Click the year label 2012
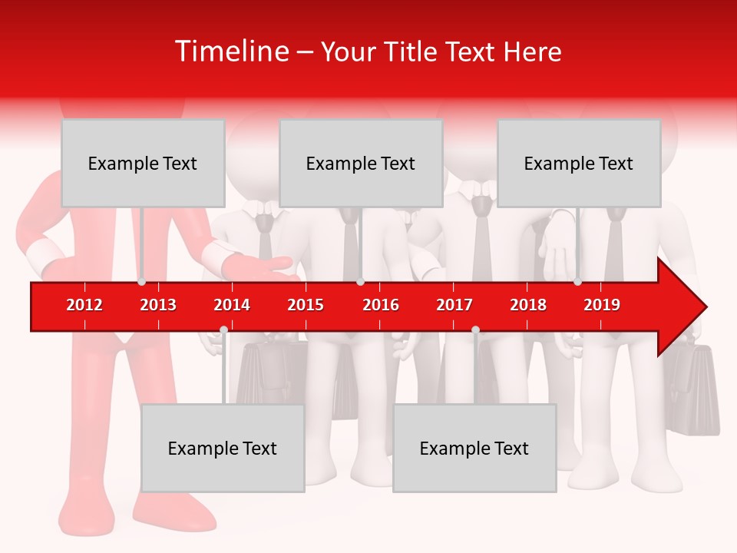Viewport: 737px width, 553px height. click(x=84, y=305)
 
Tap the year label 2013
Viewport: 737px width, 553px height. click(x=158, y=305)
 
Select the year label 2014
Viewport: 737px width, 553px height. click(x=232, y=305)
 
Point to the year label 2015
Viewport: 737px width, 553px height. click(x=306, y=305)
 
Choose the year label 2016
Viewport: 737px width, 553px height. click(x=381, y=305)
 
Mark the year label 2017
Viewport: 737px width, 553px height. click(x=454, y=305)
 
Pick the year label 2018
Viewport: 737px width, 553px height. click(x=528, y=305)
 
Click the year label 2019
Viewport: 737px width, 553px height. click(x=602, y=305)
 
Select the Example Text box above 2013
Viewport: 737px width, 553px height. click(x=143, y=163)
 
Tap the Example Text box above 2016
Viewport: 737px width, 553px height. click(x=361, y=163)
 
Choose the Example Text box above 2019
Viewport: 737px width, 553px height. click(x=579, y=163)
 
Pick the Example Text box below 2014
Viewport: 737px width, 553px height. click(x=223, y=448)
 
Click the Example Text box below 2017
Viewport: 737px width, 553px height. click(x=474, y=448)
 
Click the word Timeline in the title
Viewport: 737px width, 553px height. click(x=230, y=51)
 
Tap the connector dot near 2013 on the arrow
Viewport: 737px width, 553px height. click(x=142, y=281)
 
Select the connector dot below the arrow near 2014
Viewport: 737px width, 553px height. click(x=223, y=330)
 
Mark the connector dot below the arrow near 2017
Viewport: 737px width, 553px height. click(x=475, y=330)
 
